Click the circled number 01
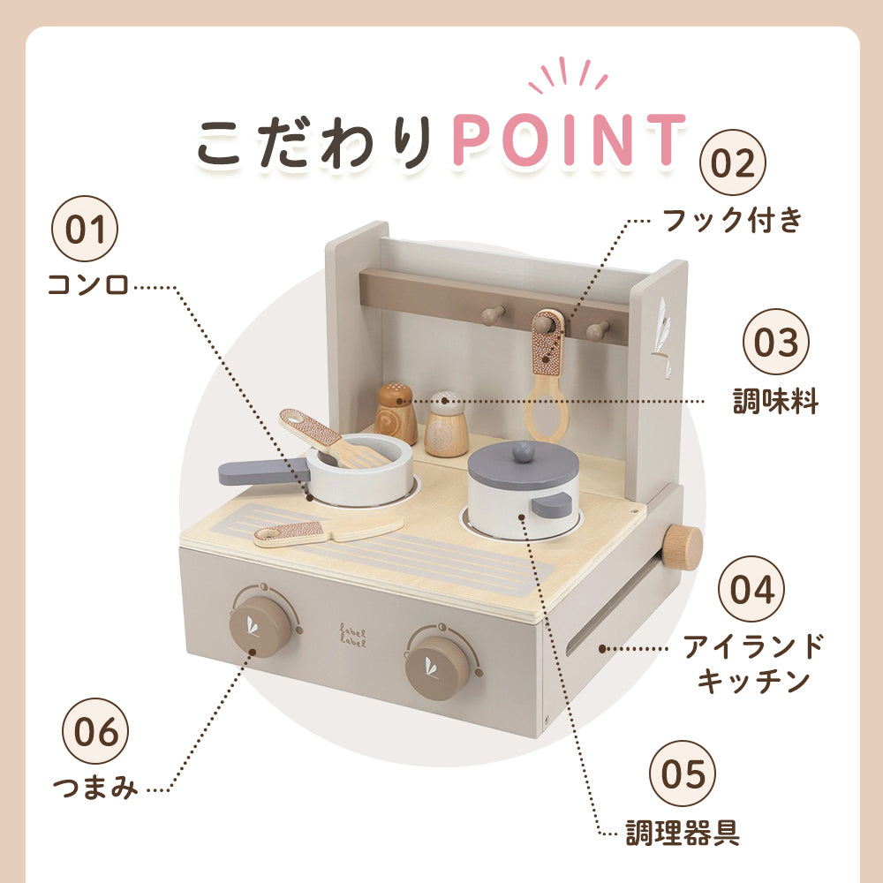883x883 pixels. pos(85,229)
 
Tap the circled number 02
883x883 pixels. pos(732,162)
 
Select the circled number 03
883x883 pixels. pos(775,341)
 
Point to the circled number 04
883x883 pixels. pos(751,588)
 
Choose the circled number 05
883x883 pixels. pos(683,774)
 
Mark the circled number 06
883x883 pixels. pos(95,731)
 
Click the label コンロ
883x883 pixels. pos(88,285)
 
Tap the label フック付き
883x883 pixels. pos(732,219)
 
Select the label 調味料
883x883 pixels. pos(775,401)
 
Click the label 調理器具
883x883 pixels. pos(683,833)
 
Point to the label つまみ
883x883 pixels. pos(95,787)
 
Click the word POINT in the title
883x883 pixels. pos(569,140)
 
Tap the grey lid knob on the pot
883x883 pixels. pos(523,451)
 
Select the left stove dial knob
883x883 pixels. pos(260,626)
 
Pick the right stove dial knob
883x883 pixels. pos(438,668)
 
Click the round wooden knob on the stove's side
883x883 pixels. pos(682,547)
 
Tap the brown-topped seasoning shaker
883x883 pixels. pos(396,412)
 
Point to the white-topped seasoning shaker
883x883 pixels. pos(447,424)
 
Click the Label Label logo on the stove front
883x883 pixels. pos(353,635)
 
